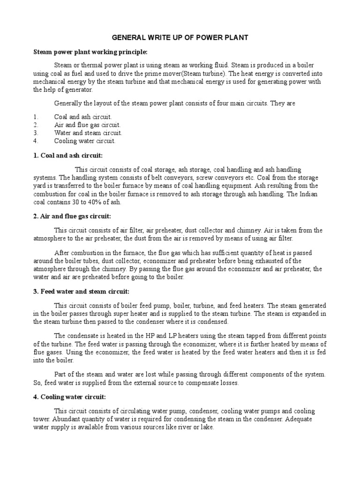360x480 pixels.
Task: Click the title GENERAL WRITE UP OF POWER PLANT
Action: pyautogui.click(x=180, y=37)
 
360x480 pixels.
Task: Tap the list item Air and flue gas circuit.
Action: pyautogui.click(x=87, y=125)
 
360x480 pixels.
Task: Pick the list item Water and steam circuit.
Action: pyautogui.click(x=88, y=133)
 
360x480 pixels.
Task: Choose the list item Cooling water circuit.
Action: pyautogui.click(x=84, y=141)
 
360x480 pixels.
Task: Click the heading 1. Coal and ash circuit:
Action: pyautogui.click(x=67, y=155)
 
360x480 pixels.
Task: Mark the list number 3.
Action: pyautogui.click(x=35, y=133)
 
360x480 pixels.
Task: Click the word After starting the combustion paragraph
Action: pyautogui.click(x=62, y=253)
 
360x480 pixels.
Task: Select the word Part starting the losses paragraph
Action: pyautogui.click(x=61, y=375)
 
